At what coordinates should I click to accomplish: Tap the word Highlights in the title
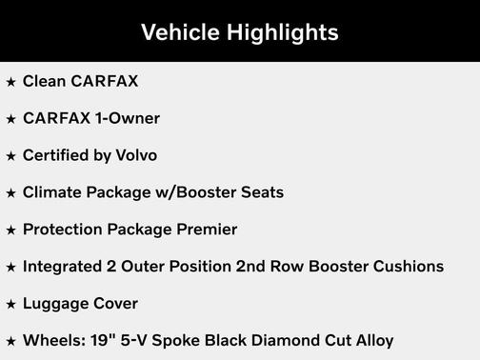pyautogui.click(x=283, y=32)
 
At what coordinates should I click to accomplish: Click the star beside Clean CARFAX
pyautogui.click(x=10, y=82)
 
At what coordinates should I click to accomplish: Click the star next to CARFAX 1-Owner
pyautogui.click(x=10, y=119)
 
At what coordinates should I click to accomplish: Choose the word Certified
pyautogui.click(x=53, y=155)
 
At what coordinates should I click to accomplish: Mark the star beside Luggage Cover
pyautogui.click(x=10, y=304)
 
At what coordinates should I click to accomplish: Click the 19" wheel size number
pyautogui.click(x=100, y=340)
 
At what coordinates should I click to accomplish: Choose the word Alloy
pyautogui.click(x=372, y=340)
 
